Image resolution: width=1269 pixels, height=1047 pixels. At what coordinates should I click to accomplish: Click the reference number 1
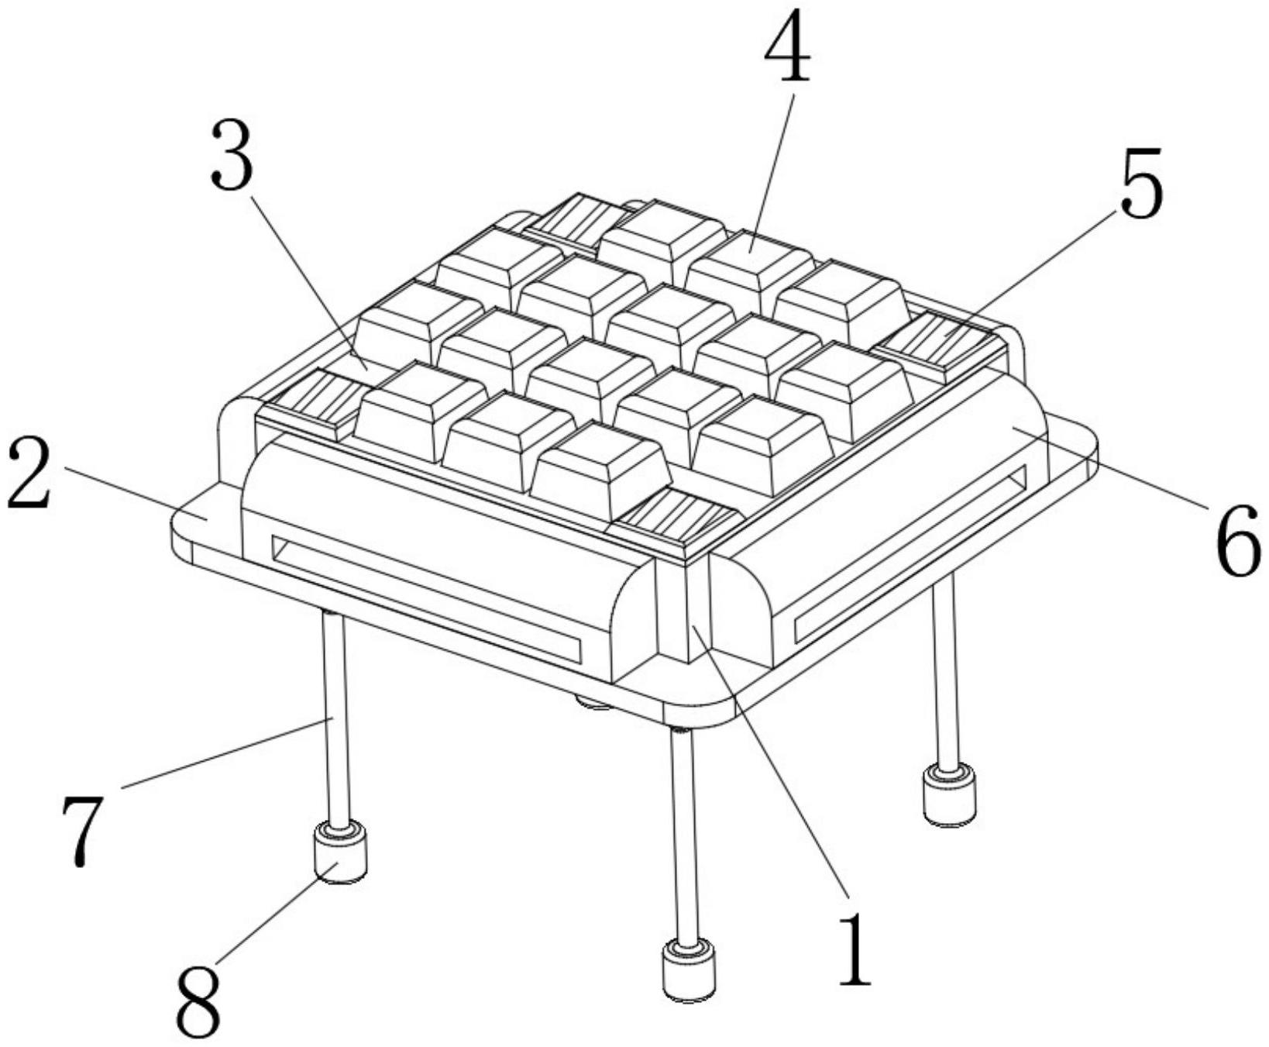[855, 948]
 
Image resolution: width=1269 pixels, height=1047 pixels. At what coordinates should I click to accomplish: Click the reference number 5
[1140, 183]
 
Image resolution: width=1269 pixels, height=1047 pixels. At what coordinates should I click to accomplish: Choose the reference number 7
[81, 831]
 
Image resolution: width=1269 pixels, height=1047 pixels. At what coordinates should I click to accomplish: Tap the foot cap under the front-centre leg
[687, 969]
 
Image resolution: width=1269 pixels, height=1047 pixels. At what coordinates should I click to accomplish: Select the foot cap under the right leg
[949, 794]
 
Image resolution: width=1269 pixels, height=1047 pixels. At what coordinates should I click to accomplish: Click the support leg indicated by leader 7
[336, 717]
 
